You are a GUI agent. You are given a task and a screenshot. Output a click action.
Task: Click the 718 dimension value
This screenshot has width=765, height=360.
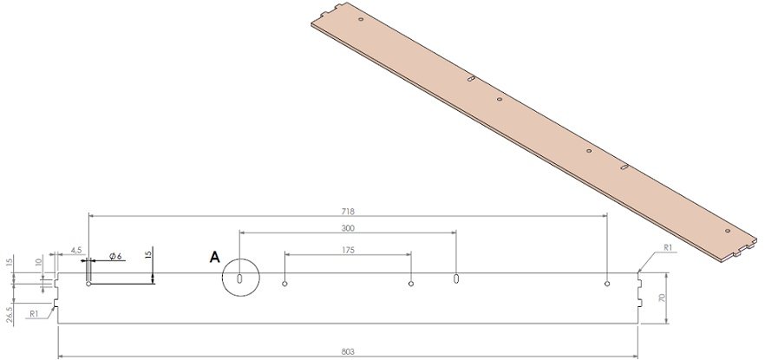click(x=350, y=211)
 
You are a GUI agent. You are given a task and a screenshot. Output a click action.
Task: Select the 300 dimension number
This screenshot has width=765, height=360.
click(x=349, y=228)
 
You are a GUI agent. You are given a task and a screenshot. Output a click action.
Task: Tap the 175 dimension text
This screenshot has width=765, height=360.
click(x=349, y=250)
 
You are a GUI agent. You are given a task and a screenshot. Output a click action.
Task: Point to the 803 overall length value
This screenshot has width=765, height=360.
click(x=350, y=352)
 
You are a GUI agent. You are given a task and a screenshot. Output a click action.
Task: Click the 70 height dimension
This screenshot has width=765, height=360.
click(x=662, y=298)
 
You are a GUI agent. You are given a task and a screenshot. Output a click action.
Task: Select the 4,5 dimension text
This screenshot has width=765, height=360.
click(x=76, y=251)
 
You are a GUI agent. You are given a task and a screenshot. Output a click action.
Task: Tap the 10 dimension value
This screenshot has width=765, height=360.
click(x=38, y=261)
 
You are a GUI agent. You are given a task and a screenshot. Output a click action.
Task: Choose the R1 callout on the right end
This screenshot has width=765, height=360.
click(x=667, y=248)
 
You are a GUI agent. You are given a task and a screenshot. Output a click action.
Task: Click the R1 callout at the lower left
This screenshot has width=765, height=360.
click(x=33, y=313)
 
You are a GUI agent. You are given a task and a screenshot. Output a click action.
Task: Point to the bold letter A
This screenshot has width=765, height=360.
click(x=213, y=257)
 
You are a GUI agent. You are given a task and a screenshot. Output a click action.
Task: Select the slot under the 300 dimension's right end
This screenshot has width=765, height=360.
click(x=456, y=279)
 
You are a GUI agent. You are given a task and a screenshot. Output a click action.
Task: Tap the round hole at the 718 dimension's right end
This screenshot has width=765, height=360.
click(x=607, y=283)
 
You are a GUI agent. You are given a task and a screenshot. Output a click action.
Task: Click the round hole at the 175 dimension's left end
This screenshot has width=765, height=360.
click(x=285, y=283)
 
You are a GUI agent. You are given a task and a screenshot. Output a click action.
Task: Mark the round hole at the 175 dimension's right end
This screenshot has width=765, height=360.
click(x=411, y=283)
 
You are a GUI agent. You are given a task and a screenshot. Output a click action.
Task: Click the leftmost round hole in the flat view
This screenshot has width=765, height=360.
click(x=88, y=283)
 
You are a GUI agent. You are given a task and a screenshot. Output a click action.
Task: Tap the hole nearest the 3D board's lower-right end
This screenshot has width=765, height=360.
click(x=726, y=231)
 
